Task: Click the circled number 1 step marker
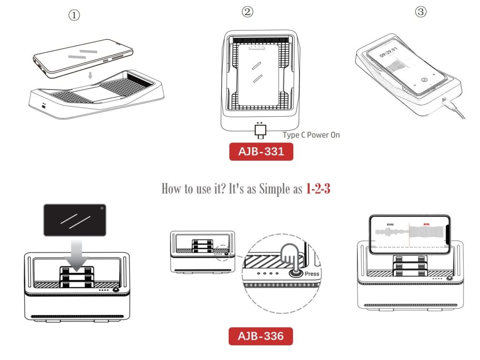[x=75, y=15]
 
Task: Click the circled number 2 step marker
[x=247, y=12]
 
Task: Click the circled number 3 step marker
[x=421, y=12]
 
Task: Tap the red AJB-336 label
[x=261, y=336]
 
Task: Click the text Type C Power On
[x=311, y=135]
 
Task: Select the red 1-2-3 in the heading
[x=318, y=189]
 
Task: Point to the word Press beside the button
[x=312, y=274]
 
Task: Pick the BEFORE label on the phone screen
[x=390, y=225]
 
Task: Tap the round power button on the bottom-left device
[x=115, y=290]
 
